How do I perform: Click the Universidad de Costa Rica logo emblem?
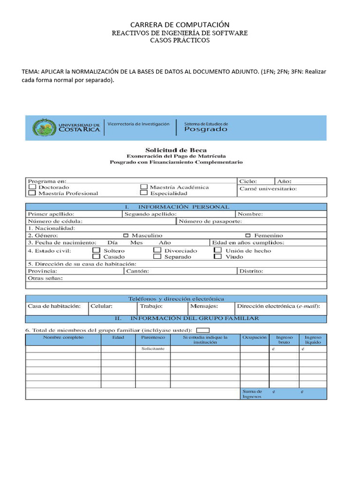tap(44, 127)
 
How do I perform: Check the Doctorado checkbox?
tap(32, 187)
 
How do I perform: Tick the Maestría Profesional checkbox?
tap(32, 193)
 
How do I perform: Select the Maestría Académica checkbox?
tap(143, 187)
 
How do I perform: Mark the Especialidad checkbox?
tap(143, 193)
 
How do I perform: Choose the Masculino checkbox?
tap(126, 235)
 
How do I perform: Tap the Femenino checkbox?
tap(248, 235)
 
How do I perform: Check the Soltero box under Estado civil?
tap(96, 251)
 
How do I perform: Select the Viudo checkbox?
tap(217, 257)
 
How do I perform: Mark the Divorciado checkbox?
tap(157, 251)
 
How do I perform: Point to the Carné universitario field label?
tap(268, 189)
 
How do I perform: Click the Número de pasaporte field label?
tap(210, 221)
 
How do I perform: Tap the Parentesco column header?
tap(153, 337)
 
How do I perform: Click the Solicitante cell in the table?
tap(153, 349)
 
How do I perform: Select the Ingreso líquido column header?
tap(313, 339)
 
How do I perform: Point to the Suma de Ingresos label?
tap(252, 394)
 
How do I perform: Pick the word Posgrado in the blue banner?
tap(206, 129)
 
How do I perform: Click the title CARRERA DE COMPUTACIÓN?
tap(180, 24)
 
